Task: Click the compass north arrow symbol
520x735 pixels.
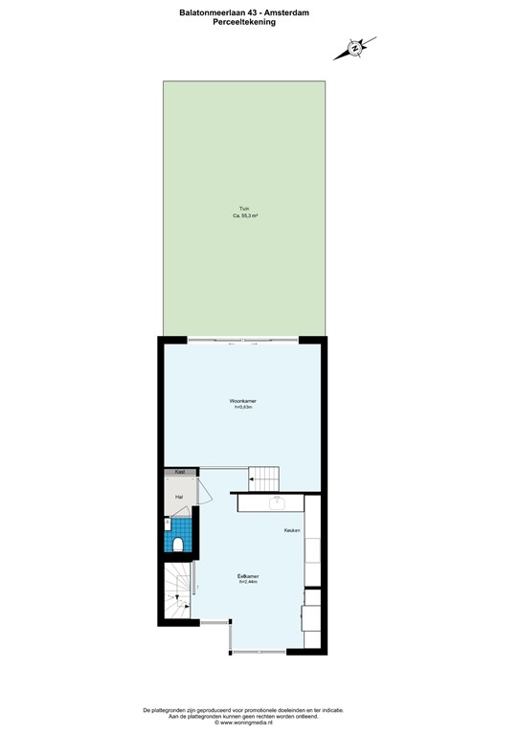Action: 354,47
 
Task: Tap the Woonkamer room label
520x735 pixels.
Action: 243,400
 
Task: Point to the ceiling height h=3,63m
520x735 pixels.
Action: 243,407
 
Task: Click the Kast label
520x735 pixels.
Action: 179,472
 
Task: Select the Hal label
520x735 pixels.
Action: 178,498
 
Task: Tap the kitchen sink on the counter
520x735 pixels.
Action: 278,501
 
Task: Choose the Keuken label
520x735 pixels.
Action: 292,530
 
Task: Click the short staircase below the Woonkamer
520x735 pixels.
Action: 263,478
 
